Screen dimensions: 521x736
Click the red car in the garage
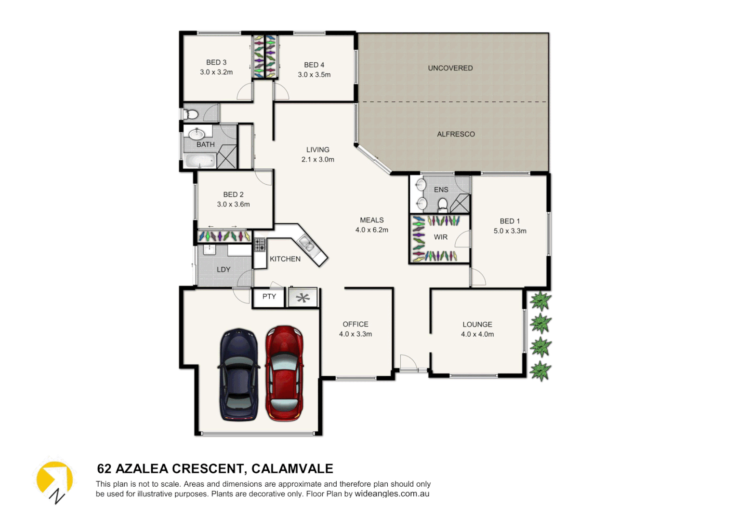(285, 373)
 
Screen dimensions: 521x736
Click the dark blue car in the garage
(239, 375)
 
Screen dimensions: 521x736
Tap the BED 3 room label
(216, 62)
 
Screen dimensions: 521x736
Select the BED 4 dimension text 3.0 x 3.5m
(314, 75)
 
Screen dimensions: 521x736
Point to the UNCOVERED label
(450, 68)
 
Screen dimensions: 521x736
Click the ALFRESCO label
(456, 134)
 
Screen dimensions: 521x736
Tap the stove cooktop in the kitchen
(260, 244)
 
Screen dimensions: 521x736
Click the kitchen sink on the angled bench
(306, 244)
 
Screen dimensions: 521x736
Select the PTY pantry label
(269, 297)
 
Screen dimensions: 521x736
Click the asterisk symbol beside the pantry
(303, 298)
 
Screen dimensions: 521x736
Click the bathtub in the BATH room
(200, 161)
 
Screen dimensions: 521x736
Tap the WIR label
(441, 237)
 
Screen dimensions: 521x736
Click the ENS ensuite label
(441, 190)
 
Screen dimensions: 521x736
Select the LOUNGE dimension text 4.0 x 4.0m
(477, 334)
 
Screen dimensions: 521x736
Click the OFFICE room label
(355, 324)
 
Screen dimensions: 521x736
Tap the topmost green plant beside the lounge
(540, 301)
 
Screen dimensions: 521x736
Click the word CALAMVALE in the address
(292, 469)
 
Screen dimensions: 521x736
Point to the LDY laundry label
(223, 270)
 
